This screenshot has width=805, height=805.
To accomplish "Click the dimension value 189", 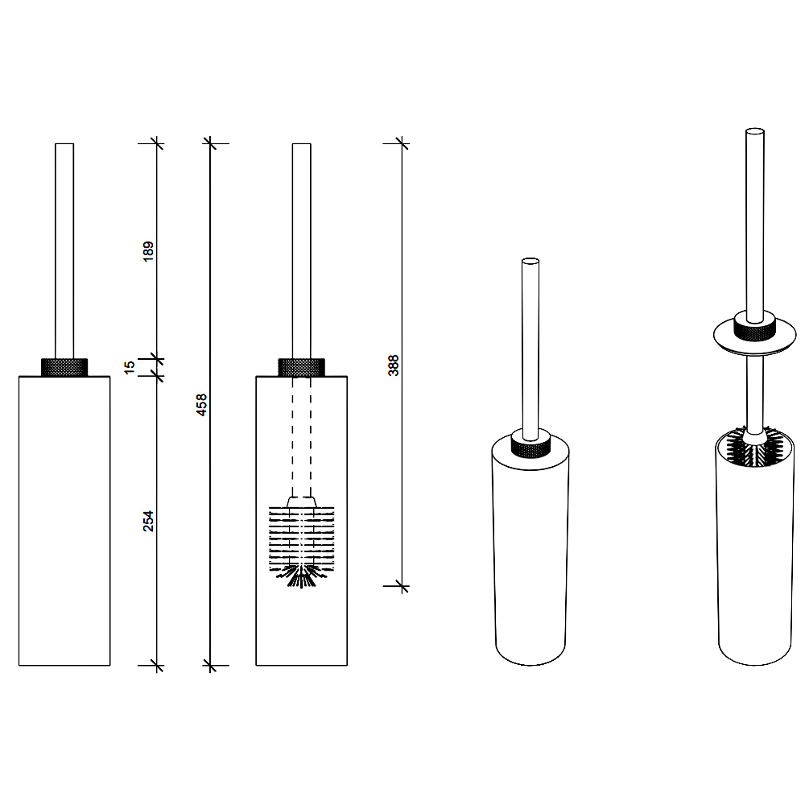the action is pos(148,251).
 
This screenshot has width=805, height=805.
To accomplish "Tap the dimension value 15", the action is pos(130,367).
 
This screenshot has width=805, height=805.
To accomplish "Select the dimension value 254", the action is pos(148,521).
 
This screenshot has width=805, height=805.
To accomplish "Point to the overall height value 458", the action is pos(202,405).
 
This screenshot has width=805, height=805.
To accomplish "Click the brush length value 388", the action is pos(394,365).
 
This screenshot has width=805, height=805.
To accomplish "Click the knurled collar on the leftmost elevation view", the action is pos(64,367).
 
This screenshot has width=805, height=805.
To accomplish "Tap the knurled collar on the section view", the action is pos(301,367).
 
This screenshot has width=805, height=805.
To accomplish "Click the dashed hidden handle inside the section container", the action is pos(301,436).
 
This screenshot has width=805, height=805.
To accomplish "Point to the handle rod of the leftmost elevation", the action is pos(64,250).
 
